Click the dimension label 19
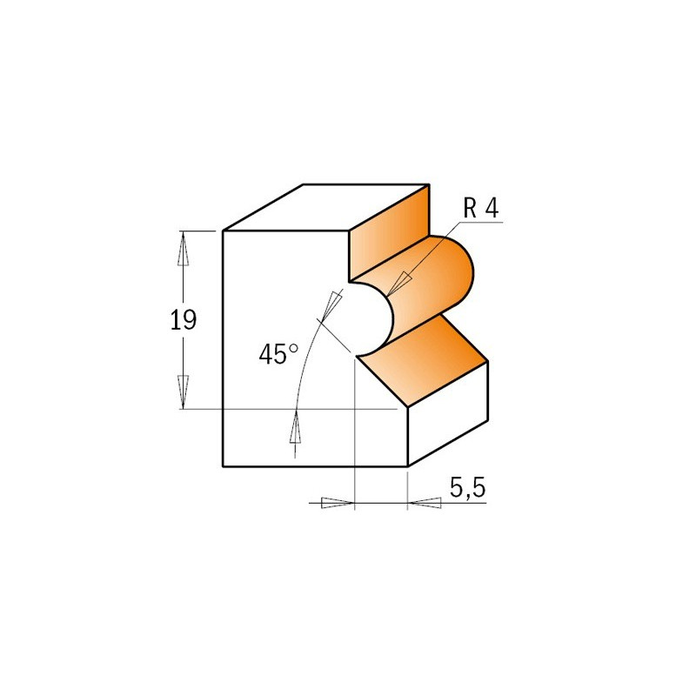click(184, 319)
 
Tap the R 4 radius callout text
click(481, 208)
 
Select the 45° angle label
click(278, 354)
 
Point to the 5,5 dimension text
click(468, 488)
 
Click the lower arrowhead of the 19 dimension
click(183, 391)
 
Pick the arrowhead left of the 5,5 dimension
click(338, 503)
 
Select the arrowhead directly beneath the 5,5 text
click(425, 503)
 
